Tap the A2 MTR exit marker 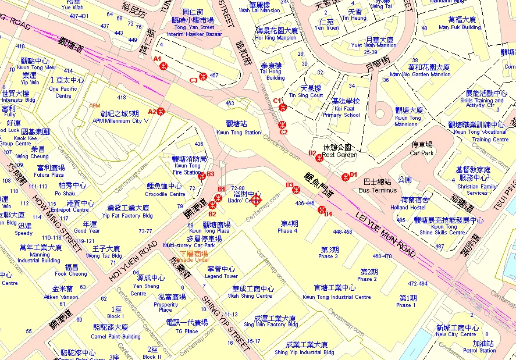[x=161, y=111]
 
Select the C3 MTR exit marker [x=203, y=76]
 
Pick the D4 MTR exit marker [x=322, y=210]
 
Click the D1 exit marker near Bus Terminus [x=346, y=177]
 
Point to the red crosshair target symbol [x=257, y=199]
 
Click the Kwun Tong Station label [x=239, y=128]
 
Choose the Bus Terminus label [x=377, y=187]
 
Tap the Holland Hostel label [x=408, y=204]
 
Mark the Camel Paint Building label [x=117, y=332]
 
